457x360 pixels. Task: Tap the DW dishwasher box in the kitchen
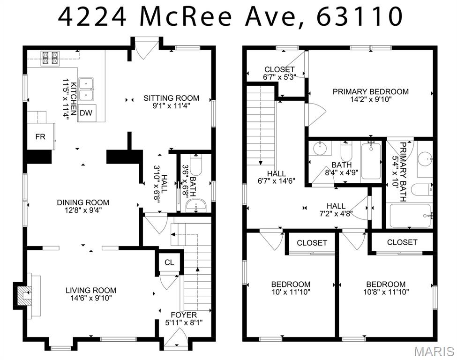[x=85, y=113]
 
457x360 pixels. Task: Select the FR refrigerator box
[x=40, y=136]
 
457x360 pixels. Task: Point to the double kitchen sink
[x=86, y=89]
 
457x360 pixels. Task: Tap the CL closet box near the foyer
[x=169, y=262]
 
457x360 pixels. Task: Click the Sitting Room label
[x=171, y=98]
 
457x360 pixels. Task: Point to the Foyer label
[x=184, y=315]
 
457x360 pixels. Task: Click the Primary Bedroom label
[x=370, y=91]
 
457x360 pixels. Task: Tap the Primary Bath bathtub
[x=410, y=216]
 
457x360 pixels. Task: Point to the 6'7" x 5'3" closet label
[x=279, y=78]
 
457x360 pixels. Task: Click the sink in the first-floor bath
[x=196, y=205]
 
